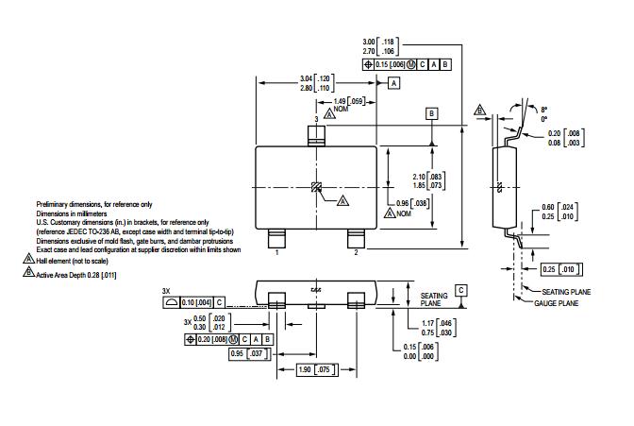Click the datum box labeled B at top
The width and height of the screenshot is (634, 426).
(432, 113)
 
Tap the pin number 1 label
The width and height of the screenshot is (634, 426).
(276, 253)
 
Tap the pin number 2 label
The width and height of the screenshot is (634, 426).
(356, 253)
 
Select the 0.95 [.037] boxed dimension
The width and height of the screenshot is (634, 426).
(249, 354)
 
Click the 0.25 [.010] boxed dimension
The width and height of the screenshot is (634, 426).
(558, 269)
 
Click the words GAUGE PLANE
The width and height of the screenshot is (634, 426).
(562, 304)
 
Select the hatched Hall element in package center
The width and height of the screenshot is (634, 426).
(316, 185)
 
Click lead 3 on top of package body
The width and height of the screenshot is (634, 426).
(316, 135)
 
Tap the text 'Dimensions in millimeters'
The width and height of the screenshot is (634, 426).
(75, 213)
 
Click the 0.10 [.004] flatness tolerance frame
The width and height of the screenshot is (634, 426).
(194, 302)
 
